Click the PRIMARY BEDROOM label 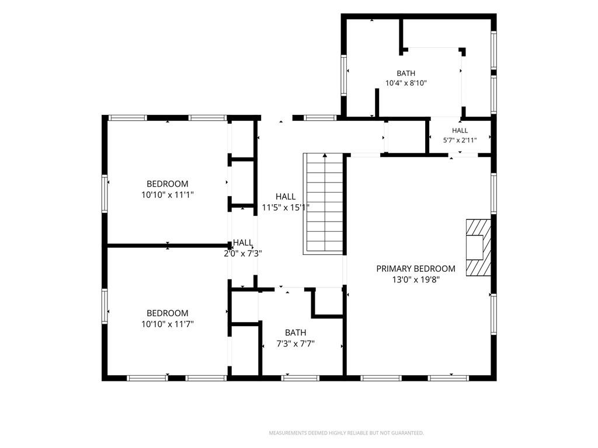[416, 268]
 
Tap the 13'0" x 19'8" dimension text [416, 279]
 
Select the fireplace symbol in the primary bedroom [478, 247]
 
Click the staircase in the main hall [325, 204]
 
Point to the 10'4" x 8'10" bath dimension [406, 83]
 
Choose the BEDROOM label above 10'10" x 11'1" [168, 184]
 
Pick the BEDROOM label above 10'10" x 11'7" [168, 313]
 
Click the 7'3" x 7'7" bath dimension [295, 344]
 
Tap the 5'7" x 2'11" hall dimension [460, 140]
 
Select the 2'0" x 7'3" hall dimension [243, 253]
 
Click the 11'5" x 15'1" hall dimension [286, 208]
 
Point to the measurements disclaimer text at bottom [346, 433]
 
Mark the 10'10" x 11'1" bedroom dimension [168, 195]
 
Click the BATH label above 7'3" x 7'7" [295, 332]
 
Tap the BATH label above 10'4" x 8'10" [406, 73]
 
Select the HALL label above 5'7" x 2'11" [460, 130]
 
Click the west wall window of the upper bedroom [105, 193]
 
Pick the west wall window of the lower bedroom [105, 306]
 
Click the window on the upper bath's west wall [343, 75]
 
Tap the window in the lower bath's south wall [300, 378]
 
